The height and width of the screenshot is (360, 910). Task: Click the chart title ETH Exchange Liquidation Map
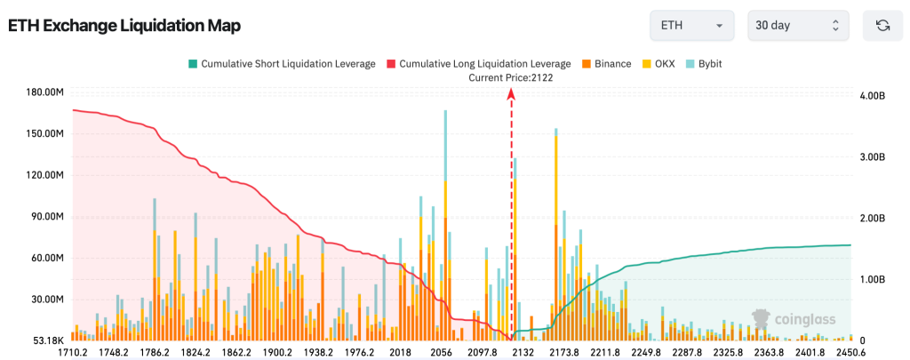click(x=124, y=26)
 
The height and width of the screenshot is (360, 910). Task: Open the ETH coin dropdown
click(x=691, y=25)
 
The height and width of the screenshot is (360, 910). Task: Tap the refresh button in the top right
click(x=882, y=25)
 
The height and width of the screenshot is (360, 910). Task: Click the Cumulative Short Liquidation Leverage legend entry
click(x=281, y=64)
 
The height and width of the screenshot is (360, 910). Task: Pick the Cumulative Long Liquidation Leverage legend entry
click(x=477, y=64)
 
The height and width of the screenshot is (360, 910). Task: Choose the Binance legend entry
click(x=607, y=64)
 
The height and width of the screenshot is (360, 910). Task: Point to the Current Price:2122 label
click(x=511, y=77)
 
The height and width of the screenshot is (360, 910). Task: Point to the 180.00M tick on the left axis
click(x=41, y=92)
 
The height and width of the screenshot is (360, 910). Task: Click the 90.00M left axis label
click(x=44, y=217)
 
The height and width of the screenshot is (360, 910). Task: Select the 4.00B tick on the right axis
click(x=875, y=95)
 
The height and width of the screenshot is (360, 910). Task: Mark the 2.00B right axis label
click(x=875, y=218)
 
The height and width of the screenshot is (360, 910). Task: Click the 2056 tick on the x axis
click(x=441, y=352)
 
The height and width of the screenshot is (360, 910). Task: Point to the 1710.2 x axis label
click(x=72, y=352)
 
